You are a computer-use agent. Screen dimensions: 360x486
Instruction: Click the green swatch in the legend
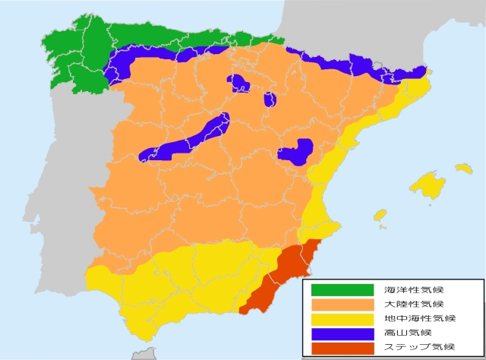click(342, 289)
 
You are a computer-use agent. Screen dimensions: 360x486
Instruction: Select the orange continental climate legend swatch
click(342, 304)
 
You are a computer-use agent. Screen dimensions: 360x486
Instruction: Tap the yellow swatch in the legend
click(342, 319)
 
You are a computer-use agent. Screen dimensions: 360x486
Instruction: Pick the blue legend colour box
click(342, 333)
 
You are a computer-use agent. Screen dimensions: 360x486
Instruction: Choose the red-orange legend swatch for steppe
click(342, 348)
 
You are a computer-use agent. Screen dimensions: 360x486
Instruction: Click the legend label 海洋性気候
click(409, 289)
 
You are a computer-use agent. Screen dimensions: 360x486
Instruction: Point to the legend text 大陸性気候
click(409, 304)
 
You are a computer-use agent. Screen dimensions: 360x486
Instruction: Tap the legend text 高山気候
click(404, 333)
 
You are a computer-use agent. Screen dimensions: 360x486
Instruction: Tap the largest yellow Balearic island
click(428, 185)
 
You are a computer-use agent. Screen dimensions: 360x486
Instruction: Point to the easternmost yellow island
click(463, 168)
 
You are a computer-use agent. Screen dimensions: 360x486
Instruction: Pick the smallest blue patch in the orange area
click(270, 99)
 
